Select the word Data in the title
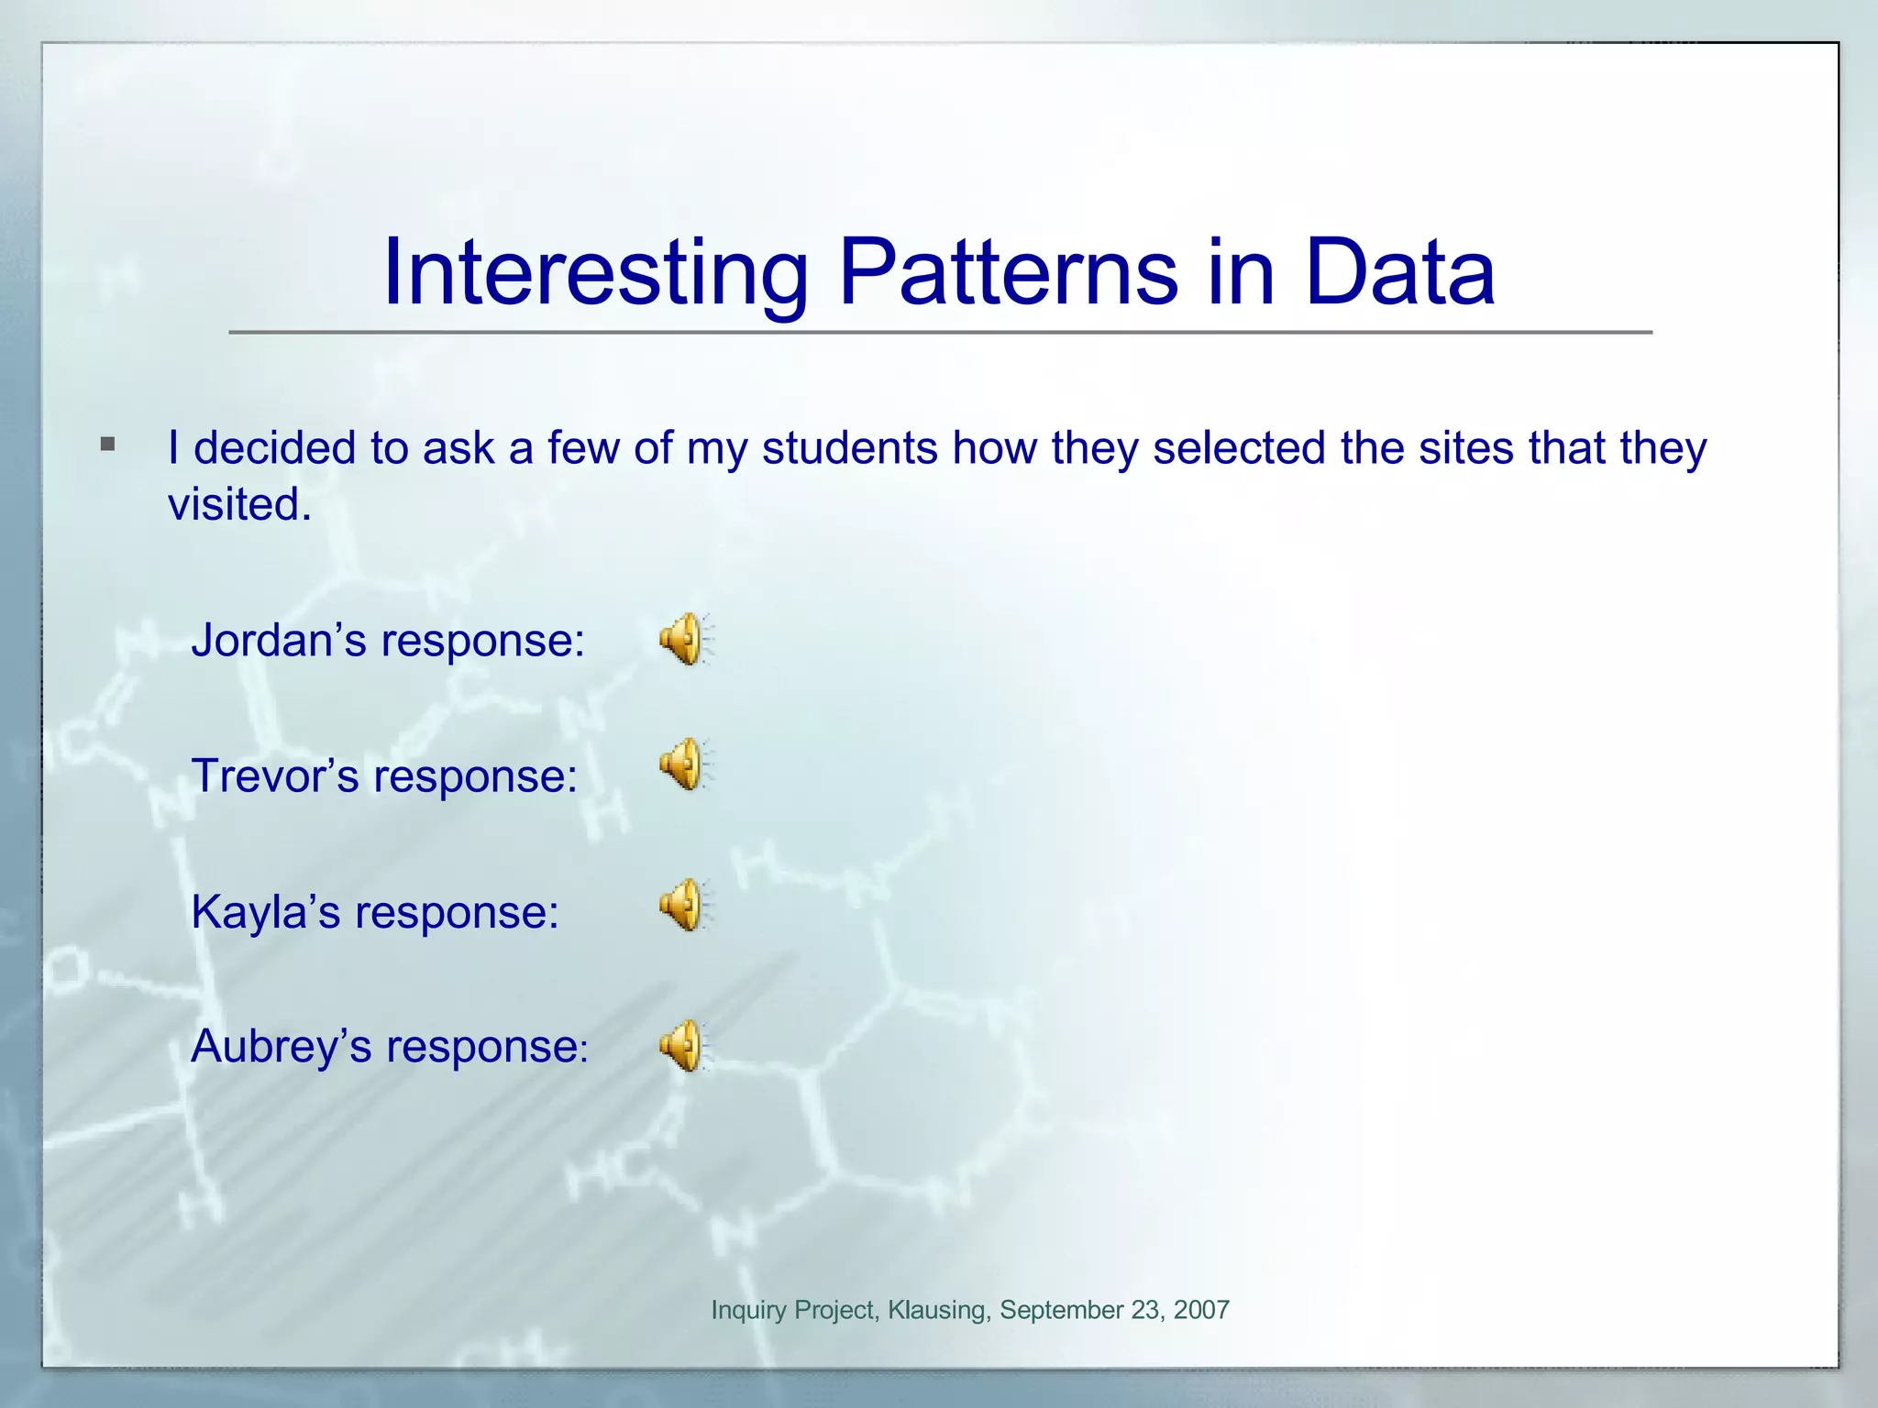tap(1399, 272)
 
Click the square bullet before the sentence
tap(108, 445)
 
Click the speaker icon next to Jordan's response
tap(684, 639)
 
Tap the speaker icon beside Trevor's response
tap(684, 764)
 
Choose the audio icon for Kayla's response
tap(684, 906)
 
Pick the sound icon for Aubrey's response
tap(684, 1046)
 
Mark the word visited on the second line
tap(239, 504)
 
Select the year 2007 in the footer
tap(1200, 1310)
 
